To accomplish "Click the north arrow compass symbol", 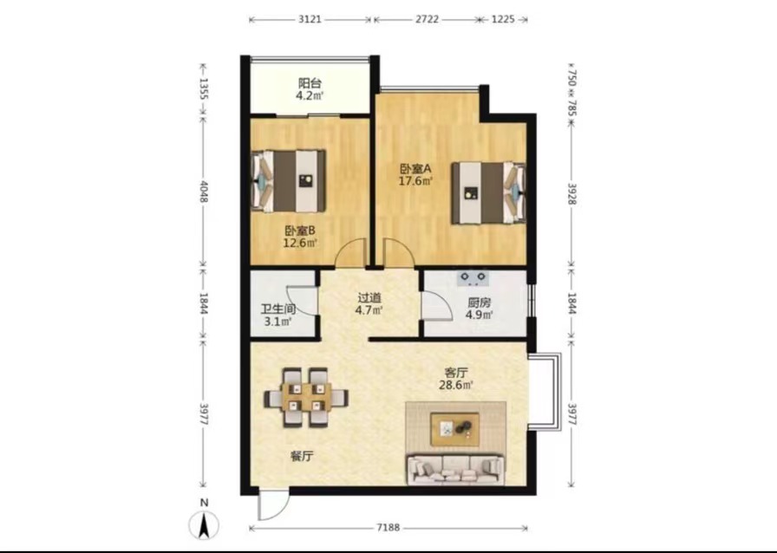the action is click(203, 524).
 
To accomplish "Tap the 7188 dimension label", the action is click(388, 528).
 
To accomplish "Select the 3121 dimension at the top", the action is click(310, 19).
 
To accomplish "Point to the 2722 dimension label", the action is click(427, 19).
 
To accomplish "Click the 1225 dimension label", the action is click(503, 19).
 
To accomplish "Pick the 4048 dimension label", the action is click(203, 191).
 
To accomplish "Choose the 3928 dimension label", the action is click(571, 194).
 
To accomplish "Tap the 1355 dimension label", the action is click(203, 89).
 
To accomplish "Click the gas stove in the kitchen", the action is click(473, 278).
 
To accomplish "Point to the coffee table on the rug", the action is click(455, 429).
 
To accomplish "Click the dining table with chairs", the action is click(306, 397).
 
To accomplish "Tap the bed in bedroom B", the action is click(290, 181).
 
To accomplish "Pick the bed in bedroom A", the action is click(488, 192).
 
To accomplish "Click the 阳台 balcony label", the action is click(310, 82).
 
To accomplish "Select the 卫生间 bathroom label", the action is click(278, 309).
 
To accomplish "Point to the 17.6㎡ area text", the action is click(416, 181).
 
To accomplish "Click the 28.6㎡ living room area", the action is click(456, 385).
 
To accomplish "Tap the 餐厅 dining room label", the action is click(302, 457).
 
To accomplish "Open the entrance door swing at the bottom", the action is click(272, 504).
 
